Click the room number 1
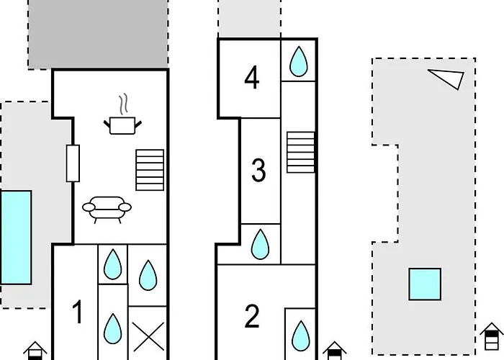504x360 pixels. click(78, 313)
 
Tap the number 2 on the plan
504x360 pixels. click(252, 317)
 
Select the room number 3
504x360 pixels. click(258, 171)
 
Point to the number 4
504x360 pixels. click(251, 78)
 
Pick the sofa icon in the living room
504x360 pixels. click(107, 208)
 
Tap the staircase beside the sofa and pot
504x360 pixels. click(150, 170)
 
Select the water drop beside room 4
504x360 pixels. click(297, 62)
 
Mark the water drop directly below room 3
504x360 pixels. click(260, 245)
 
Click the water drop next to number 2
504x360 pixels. click(300, 333)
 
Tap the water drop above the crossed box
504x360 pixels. click(148, 274)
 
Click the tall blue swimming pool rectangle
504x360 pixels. click(16, 237)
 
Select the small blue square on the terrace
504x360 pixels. click(425, 284)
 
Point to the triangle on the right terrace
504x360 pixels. click(447, 78)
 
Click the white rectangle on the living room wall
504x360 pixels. click(72, 163)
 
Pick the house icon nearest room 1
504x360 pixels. click(35, 351)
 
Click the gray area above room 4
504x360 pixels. click(248, 18)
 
